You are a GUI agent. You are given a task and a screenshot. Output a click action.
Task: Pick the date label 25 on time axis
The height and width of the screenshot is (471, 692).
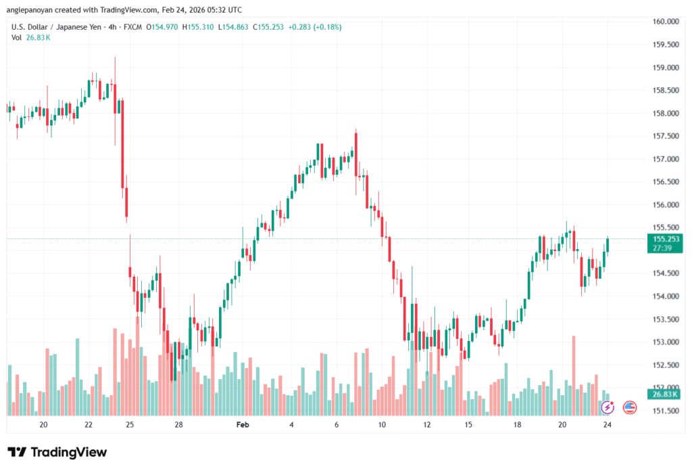click(130, 424)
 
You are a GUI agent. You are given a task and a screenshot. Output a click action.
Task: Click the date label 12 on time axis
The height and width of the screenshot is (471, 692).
click(427, 424)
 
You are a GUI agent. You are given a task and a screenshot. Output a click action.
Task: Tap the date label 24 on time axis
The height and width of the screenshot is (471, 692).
click(608, 424)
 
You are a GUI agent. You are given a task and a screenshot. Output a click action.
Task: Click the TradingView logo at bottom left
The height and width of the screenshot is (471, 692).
click(57, 452)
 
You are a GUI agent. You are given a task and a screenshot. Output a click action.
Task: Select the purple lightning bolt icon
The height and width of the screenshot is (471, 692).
click(608, 407)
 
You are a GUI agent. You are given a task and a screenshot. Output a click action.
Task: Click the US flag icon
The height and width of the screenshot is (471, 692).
click(630, 407)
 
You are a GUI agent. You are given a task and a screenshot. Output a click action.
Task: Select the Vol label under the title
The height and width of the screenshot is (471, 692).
click(16, 37)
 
